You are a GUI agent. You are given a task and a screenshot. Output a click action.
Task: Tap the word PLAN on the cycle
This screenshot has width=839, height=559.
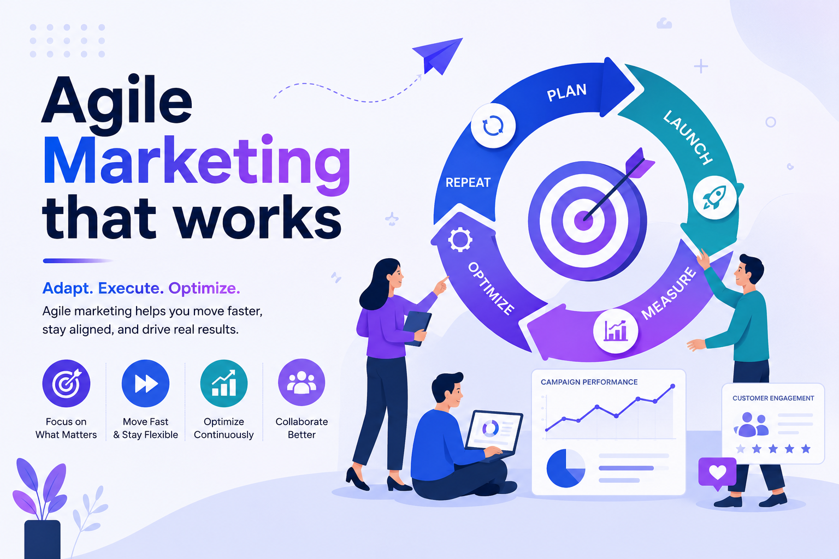[x=566, y=92]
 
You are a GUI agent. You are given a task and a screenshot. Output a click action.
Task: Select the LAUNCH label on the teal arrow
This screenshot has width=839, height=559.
[x=688, y=138]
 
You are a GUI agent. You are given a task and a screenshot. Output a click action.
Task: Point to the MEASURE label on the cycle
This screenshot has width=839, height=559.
[x=669, y=293]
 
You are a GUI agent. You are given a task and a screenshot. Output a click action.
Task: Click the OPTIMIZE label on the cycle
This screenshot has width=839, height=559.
[x=491, y=288]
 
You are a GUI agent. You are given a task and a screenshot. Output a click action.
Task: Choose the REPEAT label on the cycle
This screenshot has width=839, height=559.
[x=468, y=182]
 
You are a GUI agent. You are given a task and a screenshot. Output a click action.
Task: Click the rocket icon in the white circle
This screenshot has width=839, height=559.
[x=714, y=197]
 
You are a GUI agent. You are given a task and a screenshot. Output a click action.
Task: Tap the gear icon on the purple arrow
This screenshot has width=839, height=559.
[x=460, y=240]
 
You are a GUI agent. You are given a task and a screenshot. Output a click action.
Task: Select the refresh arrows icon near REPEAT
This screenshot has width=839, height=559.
[x=493, y=126]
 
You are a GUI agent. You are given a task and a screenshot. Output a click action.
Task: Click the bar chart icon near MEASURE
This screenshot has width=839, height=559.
[x=616, y=331]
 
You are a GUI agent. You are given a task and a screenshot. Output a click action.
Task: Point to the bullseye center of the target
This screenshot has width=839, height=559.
[x=583, y=221]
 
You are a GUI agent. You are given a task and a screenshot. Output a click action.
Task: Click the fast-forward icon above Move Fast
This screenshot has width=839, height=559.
[x=146, y=383]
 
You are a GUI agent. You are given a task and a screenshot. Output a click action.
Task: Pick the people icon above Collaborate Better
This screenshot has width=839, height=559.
[x=302, y=383]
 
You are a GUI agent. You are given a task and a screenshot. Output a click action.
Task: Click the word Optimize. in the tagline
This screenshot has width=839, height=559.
[x=204, y=288]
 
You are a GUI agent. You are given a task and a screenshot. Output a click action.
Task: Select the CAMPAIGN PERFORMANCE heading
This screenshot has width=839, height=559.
[x=589, y=382]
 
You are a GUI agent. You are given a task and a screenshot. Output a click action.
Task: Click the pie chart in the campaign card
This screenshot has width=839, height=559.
[x=565, y=468]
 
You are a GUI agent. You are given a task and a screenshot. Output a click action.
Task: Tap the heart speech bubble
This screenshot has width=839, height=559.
[x=717, y=473]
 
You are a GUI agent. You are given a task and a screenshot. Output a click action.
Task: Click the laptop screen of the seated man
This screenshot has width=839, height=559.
[x=494, y=431]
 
